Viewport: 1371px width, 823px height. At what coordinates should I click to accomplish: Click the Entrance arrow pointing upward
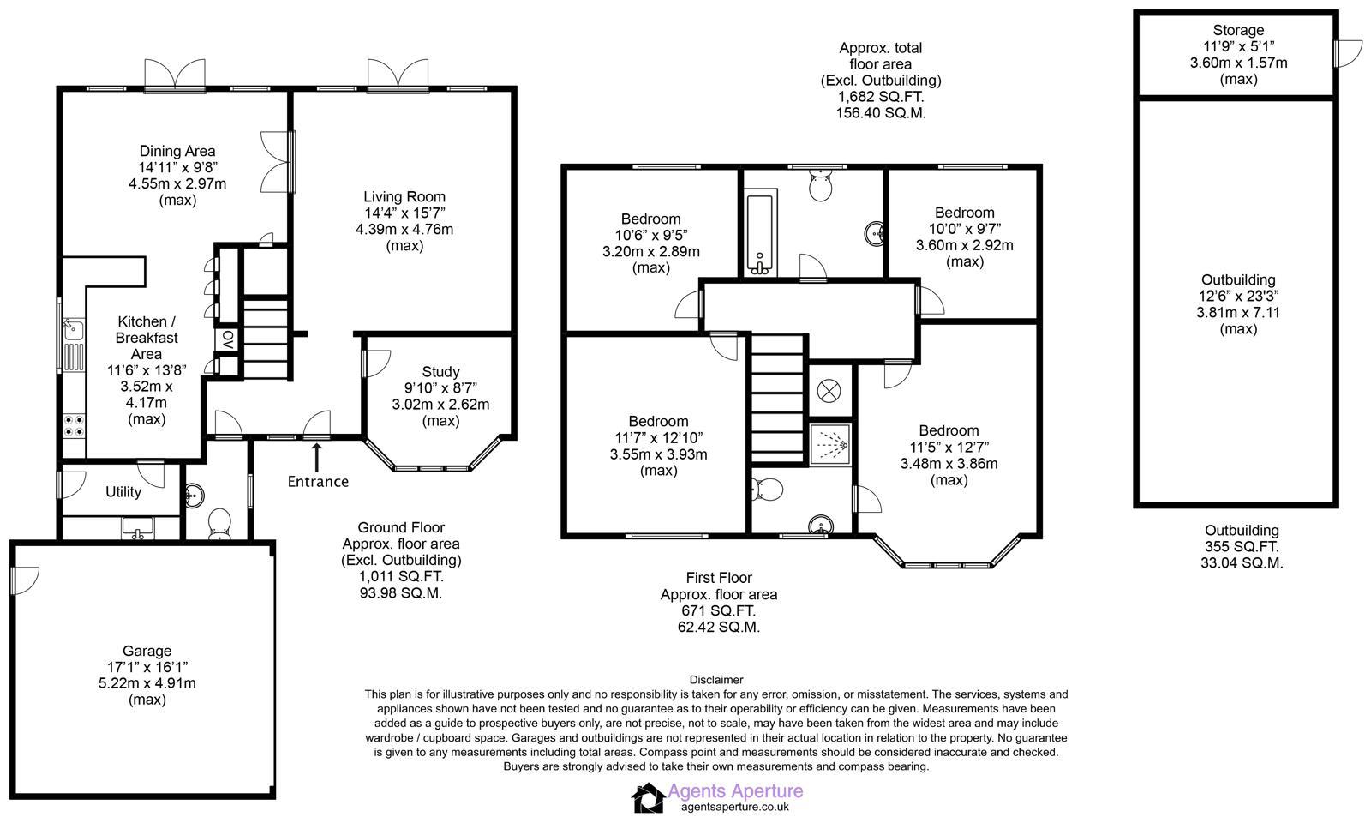tap(317, 455)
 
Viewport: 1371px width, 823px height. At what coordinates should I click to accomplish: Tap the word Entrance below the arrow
tap(318, 482)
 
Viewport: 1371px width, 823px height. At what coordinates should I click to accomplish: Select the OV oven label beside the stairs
tap(228, 339)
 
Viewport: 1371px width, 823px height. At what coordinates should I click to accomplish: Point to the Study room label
tap(440, 371)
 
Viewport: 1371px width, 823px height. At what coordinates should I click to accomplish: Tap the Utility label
tap(123, 492)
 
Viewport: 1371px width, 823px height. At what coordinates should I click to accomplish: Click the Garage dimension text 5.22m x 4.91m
tap(147, 683)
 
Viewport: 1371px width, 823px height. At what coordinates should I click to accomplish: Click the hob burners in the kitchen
tap(74, 425)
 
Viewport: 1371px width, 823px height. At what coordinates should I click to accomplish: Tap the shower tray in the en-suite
tap(830, 443)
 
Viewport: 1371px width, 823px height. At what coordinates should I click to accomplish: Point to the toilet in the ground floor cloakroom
tap(220, 524)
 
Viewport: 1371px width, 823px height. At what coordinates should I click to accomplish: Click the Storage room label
tap(1238, 30)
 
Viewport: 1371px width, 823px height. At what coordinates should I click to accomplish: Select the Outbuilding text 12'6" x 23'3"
tap(1238, 296)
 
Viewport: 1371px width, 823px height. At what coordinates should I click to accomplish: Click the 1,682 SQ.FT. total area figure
tap(881, 97)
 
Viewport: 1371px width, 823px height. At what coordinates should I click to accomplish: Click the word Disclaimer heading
tap(715, 680)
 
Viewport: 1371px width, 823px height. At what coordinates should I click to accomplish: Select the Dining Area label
tap(177, 152)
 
